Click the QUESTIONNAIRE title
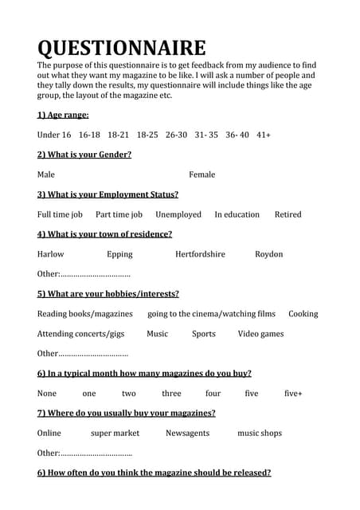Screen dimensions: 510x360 point(121,49)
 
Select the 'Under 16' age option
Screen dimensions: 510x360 point(54,135)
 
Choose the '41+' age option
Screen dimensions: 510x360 point(264,135)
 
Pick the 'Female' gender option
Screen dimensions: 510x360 point(202,175)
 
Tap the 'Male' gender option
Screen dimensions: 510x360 point(46,175)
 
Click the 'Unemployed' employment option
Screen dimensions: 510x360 point(178,214)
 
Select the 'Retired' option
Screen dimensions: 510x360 point(288,214)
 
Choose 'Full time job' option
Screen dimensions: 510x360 point(60,214)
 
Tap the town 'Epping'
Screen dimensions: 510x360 point(119,254)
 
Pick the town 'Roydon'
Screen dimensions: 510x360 point(269,254)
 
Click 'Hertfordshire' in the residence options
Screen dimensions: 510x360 point(200,254)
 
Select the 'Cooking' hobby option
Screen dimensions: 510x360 point(303,314)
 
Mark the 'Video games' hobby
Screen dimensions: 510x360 point(260,334)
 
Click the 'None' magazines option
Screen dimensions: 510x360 point(47,394)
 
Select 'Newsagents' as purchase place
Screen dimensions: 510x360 point(187,433)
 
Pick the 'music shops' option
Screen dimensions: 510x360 point(260,433)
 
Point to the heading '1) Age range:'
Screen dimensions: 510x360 point(63,115)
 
